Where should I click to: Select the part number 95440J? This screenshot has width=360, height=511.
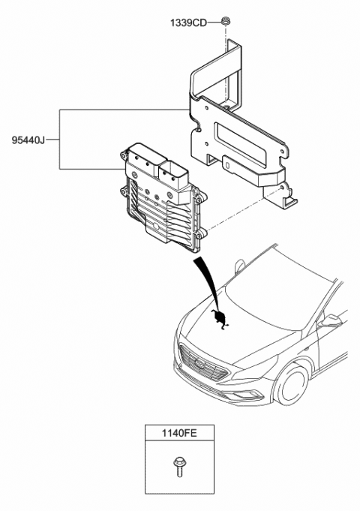tap(28, 140)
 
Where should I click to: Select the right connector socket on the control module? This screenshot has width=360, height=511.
tap(173, 173)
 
